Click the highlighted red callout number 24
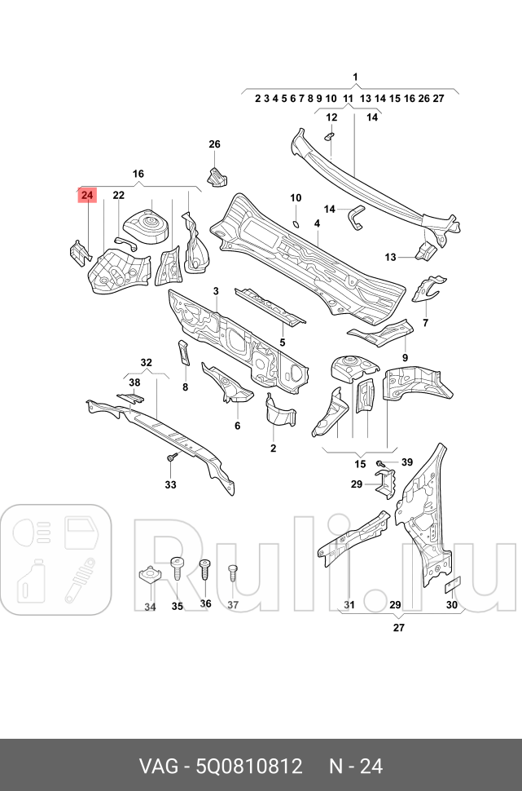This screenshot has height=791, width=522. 87,195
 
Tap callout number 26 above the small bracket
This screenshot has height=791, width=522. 214,144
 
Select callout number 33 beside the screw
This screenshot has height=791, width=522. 170,485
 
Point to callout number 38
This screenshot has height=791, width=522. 134,382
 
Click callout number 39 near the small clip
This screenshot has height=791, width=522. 407,462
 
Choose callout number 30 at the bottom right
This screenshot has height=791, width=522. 452,605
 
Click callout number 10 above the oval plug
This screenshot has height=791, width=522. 296,198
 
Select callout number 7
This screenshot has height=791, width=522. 424,324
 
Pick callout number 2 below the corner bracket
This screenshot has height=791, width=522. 273,449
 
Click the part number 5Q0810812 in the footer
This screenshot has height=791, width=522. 245,767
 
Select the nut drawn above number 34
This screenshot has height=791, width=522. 149,576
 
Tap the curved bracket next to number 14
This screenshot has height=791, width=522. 355,217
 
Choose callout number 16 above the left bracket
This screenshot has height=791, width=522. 138,174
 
